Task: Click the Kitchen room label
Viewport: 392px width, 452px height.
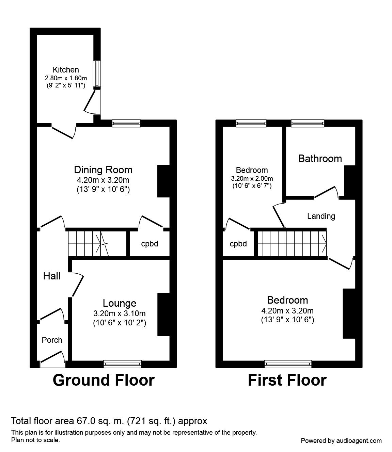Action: pos(66,70)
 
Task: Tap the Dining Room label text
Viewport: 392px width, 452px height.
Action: pos(103,169)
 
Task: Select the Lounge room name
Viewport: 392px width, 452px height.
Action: pos(120,303)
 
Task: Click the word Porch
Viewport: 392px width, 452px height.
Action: pos(52,340)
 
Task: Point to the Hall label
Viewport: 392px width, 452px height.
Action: pos(52,276)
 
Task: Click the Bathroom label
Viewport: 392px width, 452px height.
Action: pos(320,158)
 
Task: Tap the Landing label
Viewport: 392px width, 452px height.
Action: pos(321,216)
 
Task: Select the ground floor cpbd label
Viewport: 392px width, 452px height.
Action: pos(150,244)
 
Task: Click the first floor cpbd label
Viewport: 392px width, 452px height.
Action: pos(238,244)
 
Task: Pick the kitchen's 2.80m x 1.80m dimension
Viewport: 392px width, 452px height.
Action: pos(66,78)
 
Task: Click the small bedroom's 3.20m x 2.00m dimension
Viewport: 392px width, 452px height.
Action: pos(252,178)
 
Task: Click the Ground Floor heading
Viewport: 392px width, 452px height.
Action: pos(104,380)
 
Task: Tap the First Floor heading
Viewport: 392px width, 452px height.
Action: pos(287,380)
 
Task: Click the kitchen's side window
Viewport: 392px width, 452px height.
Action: pos(97,74)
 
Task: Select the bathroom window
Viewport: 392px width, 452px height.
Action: pos(308,123)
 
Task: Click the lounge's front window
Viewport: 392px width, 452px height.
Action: pos(123,364)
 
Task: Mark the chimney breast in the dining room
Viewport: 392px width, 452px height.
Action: pos(163,181)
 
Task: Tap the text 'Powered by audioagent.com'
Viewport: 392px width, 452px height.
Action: pos(341,440)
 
